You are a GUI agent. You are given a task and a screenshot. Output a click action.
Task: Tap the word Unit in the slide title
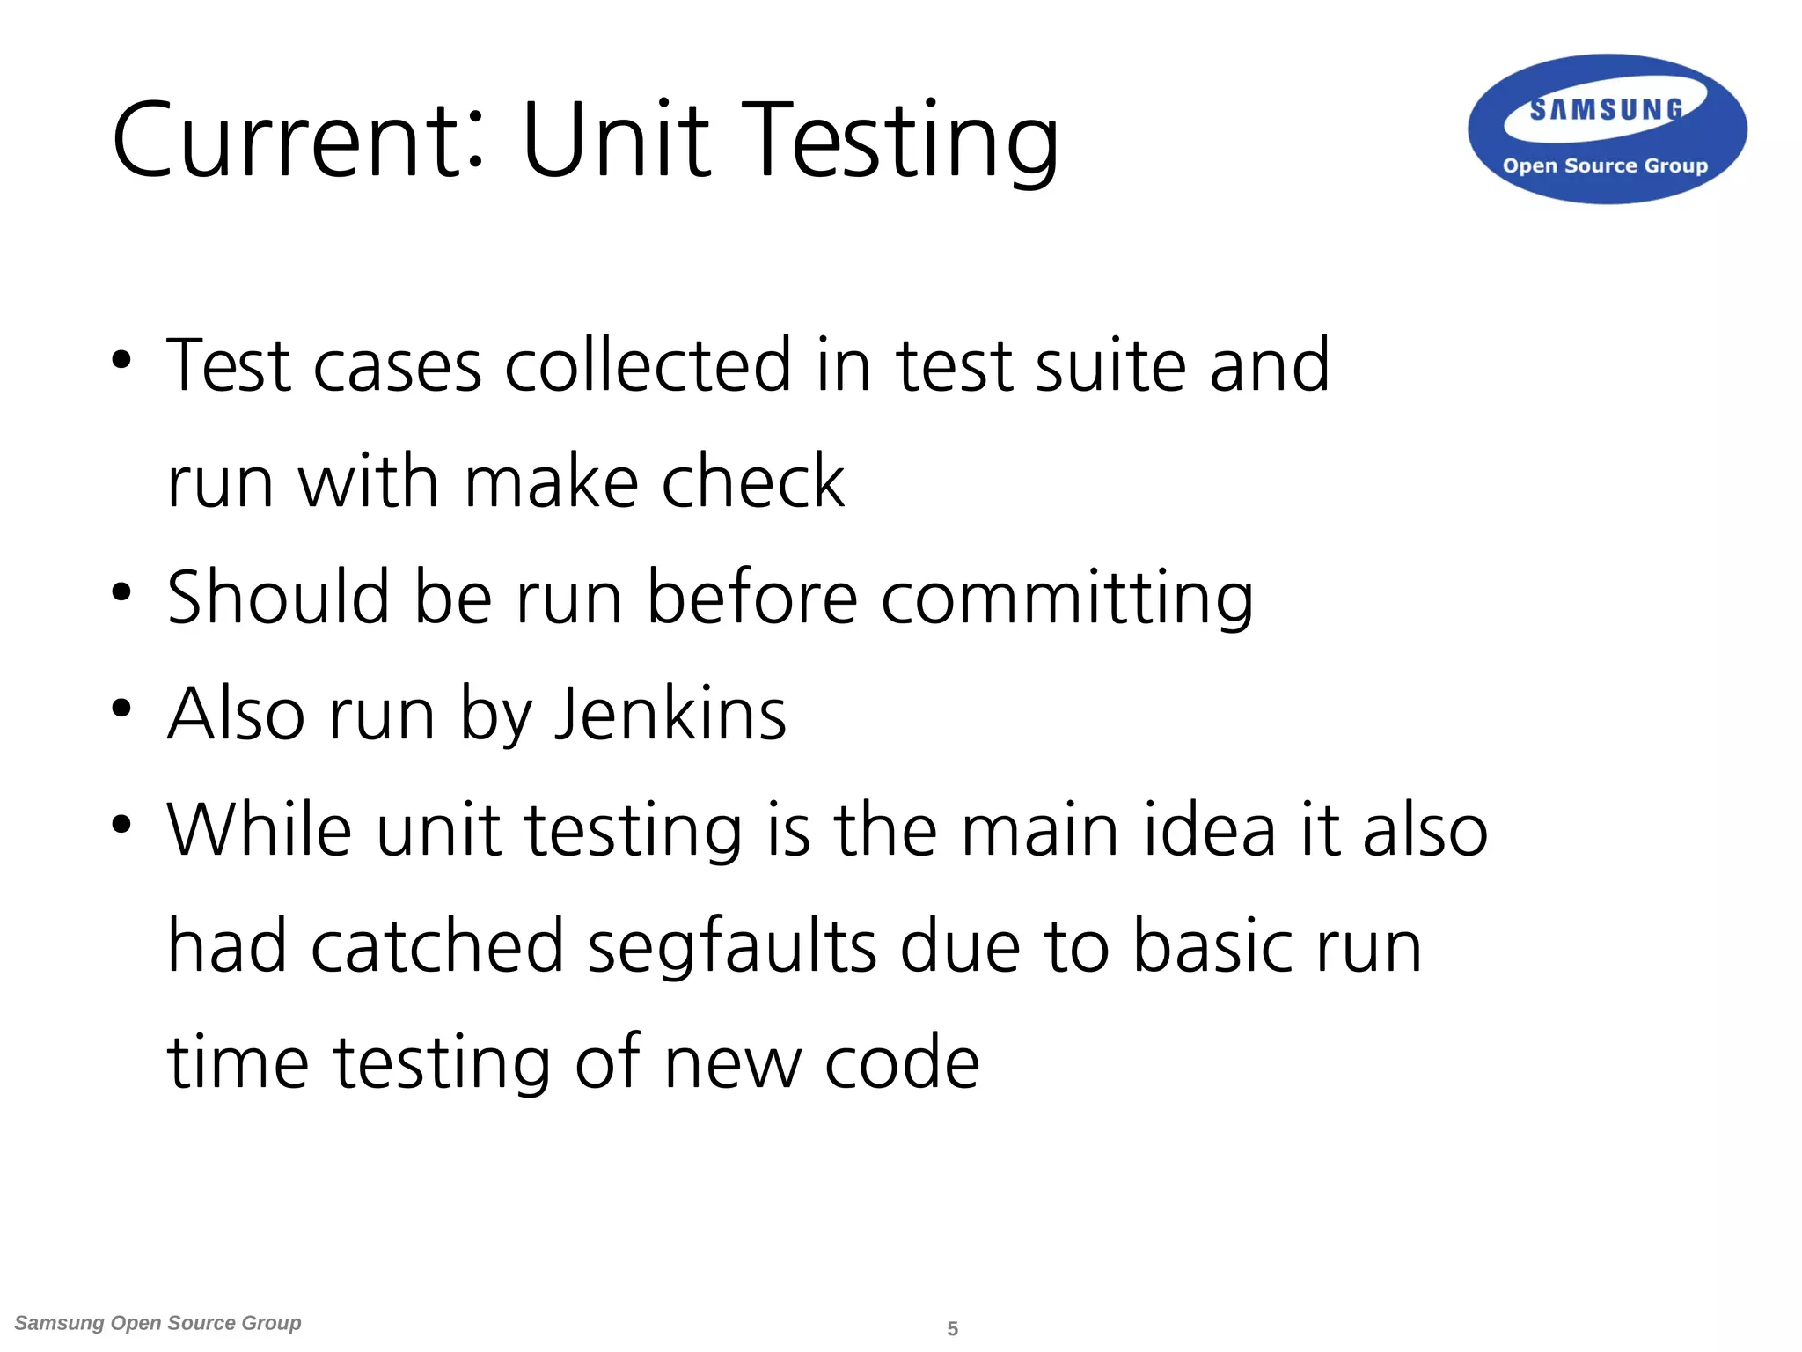616,141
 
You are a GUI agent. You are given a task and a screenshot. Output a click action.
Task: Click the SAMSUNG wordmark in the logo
1606,110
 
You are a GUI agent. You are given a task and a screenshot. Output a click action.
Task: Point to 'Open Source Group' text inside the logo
1605,165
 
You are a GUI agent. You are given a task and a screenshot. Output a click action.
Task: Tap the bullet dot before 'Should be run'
121,591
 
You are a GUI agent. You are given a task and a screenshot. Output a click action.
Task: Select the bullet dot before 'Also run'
121,708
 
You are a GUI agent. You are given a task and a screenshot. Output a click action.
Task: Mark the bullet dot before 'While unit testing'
121,824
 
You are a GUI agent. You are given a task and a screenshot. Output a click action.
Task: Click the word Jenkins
670,714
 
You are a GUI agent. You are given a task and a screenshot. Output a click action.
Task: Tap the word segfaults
732,947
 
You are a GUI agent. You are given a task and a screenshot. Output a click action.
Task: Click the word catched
437,945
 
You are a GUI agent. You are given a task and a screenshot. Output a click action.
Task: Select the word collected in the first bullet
648,365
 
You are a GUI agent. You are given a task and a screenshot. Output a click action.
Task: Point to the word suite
1110,365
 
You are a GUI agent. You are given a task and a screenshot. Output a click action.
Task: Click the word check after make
753,481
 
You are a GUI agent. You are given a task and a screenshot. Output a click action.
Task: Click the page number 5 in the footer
952,1328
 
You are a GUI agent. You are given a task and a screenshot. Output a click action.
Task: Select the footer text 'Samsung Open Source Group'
158,1323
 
